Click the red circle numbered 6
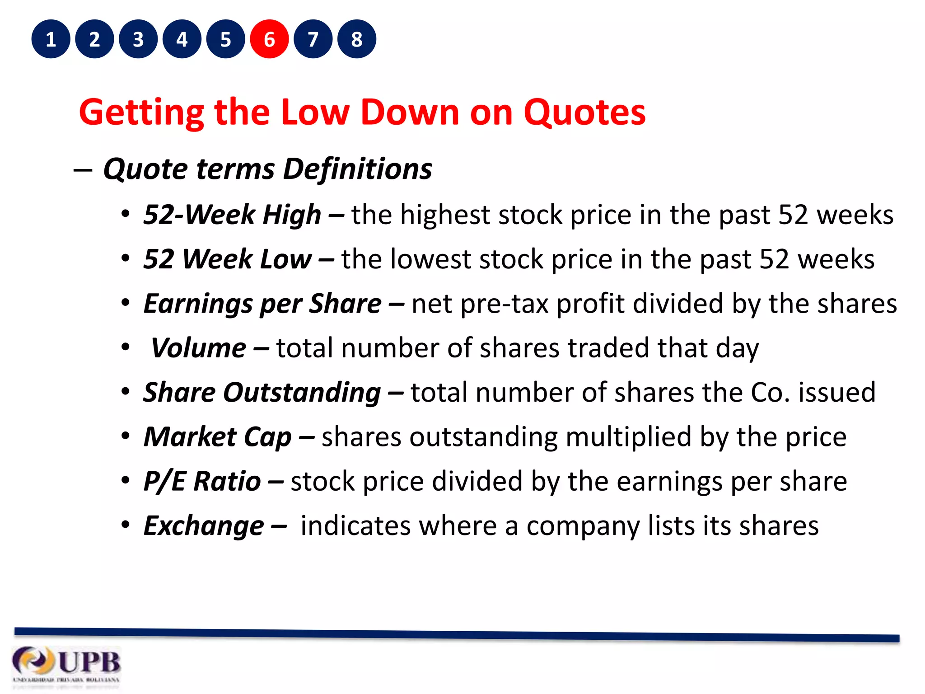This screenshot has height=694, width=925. [x=269, y=39]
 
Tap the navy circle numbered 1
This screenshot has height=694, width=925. [x=51, y=39]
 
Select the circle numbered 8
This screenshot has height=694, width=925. [x=357, y=39]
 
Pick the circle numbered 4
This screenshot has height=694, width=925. [x=182, y=39]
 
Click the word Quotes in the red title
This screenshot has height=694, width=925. [x=584, y=113]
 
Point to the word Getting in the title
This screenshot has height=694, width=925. [x=141, y=113]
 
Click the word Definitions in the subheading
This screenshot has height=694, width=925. [x=357, y=169]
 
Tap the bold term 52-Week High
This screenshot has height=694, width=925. [x=232, y=215]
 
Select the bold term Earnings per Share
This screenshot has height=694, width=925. [x=262, y=304]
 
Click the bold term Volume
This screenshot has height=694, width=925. [x=199, y=348]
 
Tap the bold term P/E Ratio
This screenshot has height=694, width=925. [x=202, y=481]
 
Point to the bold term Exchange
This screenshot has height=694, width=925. [x=204, y=526]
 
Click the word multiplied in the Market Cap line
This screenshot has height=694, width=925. [x=628, y=437]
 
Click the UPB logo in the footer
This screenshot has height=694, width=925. [x=67, y=665]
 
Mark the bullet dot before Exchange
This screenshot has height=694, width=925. [x=125, y=525]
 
